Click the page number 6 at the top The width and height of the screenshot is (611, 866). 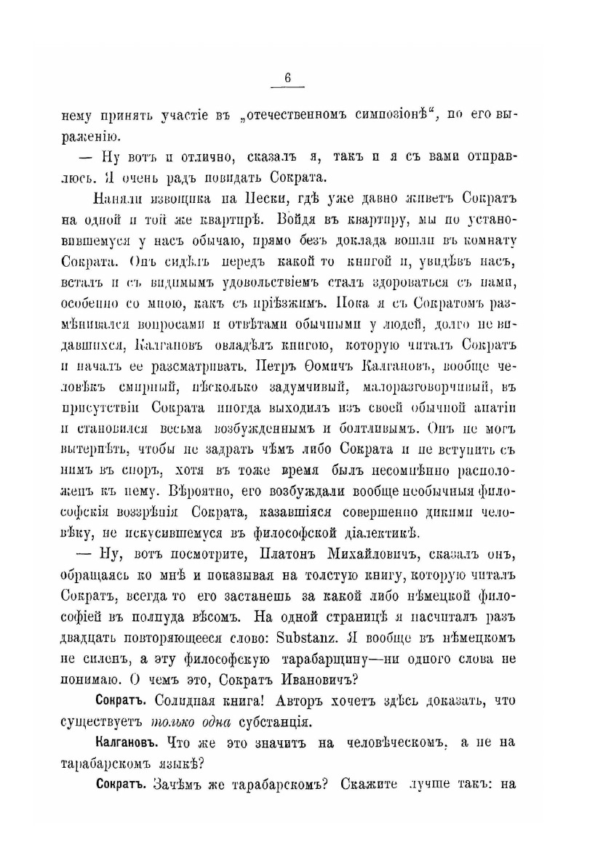288,79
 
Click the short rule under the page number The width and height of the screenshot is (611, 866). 288,89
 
